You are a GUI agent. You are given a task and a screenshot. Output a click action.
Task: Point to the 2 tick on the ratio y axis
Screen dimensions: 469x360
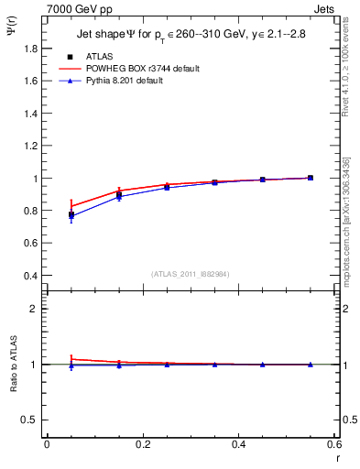[x=35, y=309]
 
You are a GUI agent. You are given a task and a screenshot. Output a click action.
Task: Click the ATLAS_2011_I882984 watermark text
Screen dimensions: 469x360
[x=191, y=274]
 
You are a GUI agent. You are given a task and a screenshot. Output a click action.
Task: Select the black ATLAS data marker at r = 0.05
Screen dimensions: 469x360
[x=71, y=215]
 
